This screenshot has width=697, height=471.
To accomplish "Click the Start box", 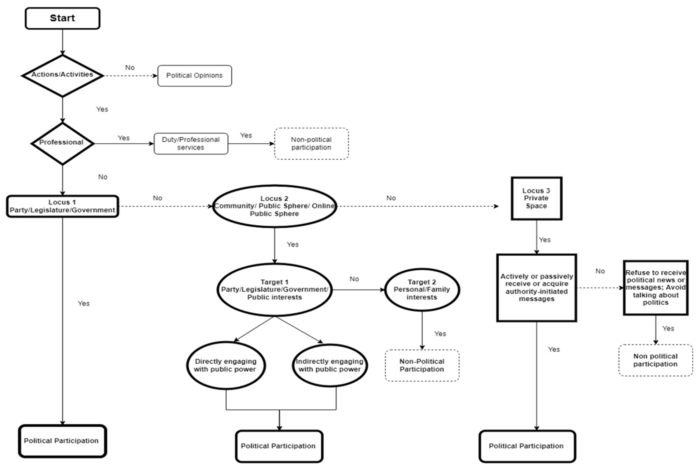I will (x=62, y=18).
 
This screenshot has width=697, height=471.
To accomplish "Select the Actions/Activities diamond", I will (x=62, y=75).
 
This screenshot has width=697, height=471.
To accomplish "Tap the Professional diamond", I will (x=62, y=143).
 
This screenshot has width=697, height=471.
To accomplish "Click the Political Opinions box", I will (x=194, y=76).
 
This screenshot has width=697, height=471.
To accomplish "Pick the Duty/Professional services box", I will (x=191, y=144).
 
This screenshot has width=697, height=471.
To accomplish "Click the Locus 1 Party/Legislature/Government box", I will (x=62, y=206).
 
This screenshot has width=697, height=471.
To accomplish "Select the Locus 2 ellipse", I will (x=274, y=206).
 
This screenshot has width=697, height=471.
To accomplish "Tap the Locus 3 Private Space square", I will (x=536, y=198).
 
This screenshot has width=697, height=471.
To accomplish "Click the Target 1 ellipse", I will (x=274, y=290).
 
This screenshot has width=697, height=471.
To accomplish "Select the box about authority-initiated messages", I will (x=536, y=288).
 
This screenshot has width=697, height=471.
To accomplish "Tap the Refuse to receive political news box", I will (x=655, y=288).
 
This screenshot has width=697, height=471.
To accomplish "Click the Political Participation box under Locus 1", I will (x=62, y=441).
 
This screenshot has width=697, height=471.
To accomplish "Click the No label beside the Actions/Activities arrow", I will (x=130, y=68).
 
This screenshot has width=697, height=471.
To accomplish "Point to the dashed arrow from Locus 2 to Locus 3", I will (x=417, y=206).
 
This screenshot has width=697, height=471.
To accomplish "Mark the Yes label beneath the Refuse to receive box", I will (x=668, y=328).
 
